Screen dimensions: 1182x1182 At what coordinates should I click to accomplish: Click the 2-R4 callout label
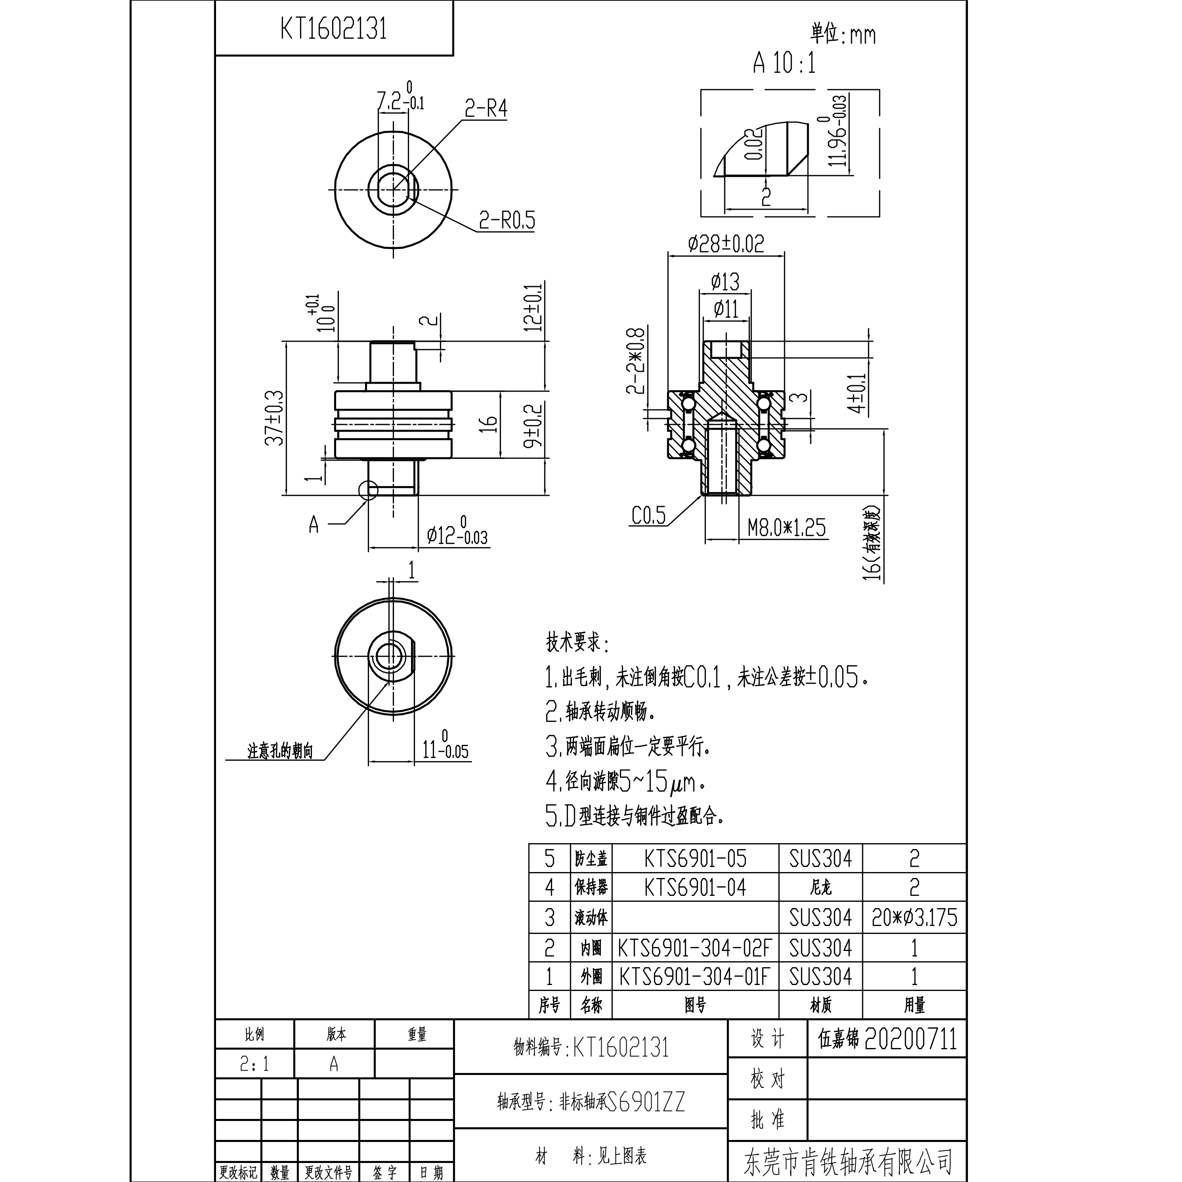pyautogui.click(x=486, y=109)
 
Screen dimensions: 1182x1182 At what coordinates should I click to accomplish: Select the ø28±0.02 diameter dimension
pyautogui.click(x=726, y=245)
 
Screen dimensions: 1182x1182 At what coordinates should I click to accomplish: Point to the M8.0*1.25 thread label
pyautogui.click(x=786, y=527)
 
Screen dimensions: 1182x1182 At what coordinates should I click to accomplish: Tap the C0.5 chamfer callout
pyautogui.click(x=648, y=515)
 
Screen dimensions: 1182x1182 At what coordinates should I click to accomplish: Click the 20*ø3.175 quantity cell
pyautogui.click(x=914, y=918)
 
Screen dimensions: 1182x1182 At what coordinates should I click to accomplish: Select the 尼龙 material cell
pyautogui.click(x=821, y=888)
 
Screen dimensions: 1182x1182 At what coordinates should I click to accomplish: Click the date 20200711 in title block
pyautogui.click(x=910, y=1039)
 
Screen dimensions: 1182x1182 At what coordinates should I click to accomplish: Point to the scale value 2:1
pyautogui.click(x=254, y=1065)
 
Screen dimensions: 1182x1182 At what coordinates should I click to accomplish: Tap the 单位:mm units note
pyautogui.click(x=843, y=34)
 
